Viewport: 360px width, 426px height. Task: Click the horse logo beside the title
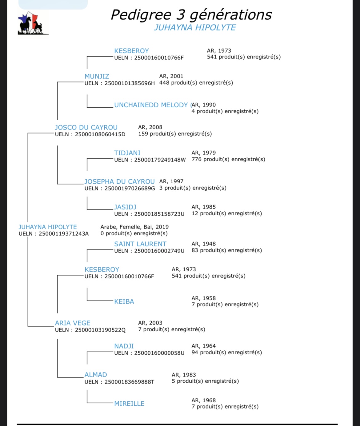(x=33, y=23)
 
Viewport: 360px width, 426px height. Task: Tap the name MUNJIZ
(x=97, y=76)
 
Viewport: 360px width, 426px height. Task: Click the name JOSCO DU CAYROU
(x=86, y=127)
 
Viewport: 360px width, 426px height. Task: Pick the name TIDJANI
(x=127, y=153)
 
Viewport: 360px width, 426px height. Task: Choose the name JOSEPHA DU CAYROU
(x=120, y=181)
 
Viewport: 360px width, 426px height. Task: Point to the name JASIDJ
(x=125, y=207)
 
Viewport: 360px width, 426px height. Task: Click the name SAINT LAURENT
(x=140, y=244)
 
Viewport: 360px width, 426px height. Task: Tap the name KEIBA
(x=124, y=301)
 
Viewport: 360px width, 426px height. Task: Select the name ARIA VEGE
(x=72, y=323)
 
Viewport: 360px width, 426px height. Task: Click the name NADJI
(x=124, y=346)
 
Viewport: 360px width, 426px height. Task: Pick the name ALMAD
(x=96, y=375)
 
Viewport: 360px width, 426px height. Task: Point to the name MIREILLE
(x=129, y=403)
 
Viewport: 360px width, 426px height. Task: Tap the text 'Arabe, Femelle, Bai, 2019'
(x=134, y=227)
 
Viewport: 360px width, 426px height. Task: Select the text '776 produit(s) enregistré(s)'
(x=228, y=159)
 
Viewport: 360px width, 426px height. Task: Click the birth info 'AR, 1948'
(x=203, y=244)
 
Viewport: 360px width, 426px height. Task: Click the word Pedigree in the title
(x=141, y=15)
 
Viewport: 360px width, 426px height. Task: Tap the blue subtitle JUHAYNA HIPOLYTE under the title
(x=195, y=28)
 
